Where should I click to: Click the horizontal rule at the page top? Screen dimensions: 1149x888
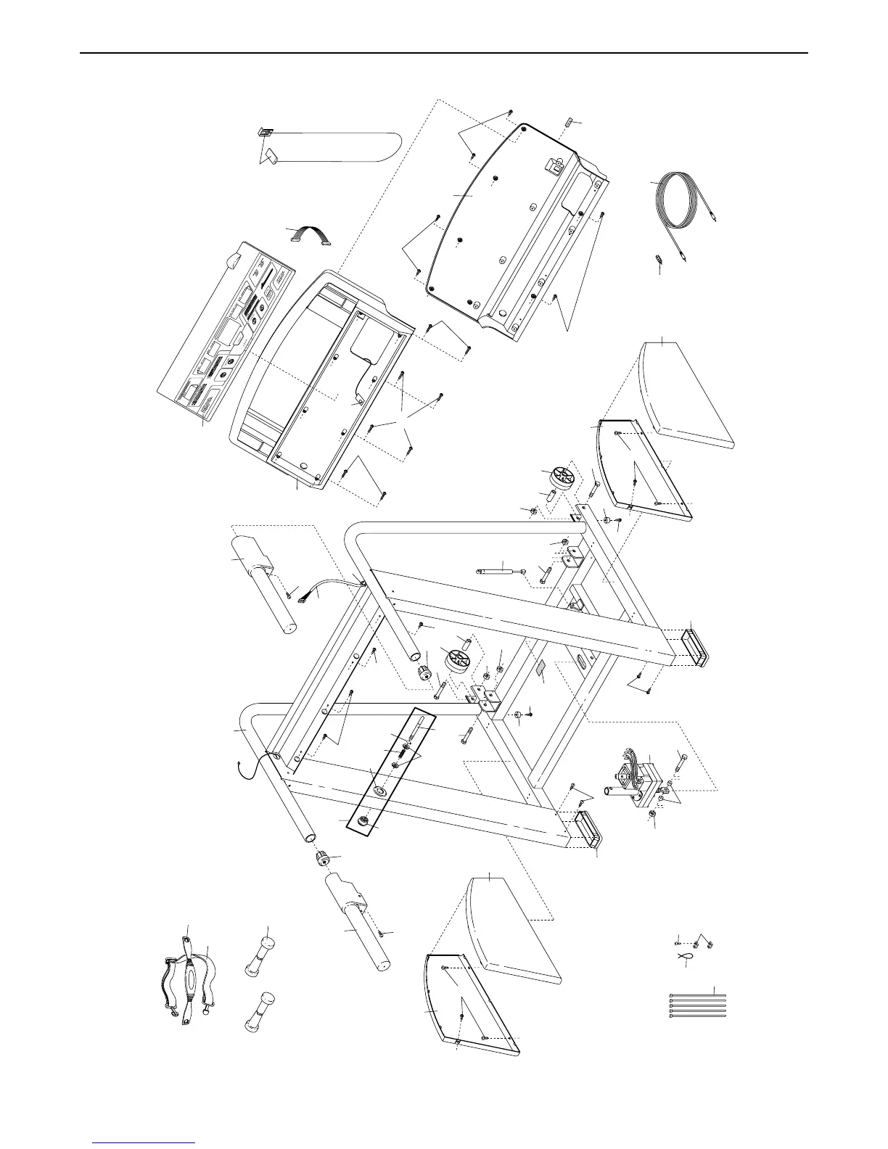click(x=443, y=53)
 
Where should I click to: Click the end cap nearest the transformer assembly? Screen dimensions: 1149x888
click(x=588, y=830)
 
